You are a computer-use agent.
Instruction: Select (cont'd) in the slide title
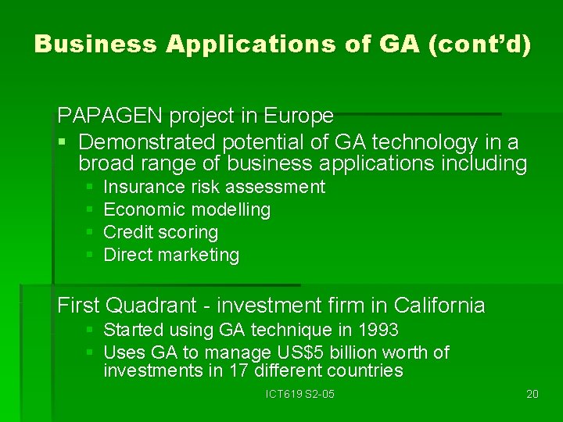coord(479,44)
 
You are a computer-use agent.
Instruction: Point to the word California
coord(439,305)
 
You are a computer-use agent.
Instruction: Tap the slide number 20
coord(533,394)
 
